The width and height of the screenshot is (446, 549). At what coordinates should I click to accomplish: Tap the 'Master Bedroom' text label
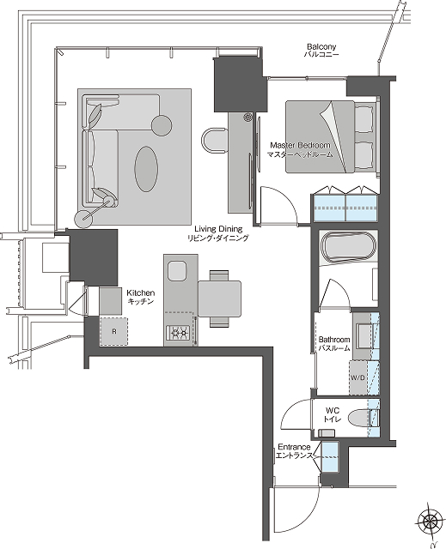300,145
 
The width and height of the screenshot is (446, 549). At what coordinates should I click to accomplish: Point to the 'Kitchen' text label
140,293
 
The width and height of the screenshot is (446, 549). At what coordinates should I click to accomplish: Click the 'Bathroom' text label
334,339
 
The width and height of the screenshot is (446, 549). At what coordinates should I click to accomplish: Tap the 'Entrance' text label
293,447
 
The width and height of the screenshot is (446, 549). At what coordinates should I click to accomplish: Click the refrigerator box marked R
113,331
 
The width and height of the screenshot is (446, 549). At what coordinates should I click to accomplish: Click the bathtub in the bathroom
347,247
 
